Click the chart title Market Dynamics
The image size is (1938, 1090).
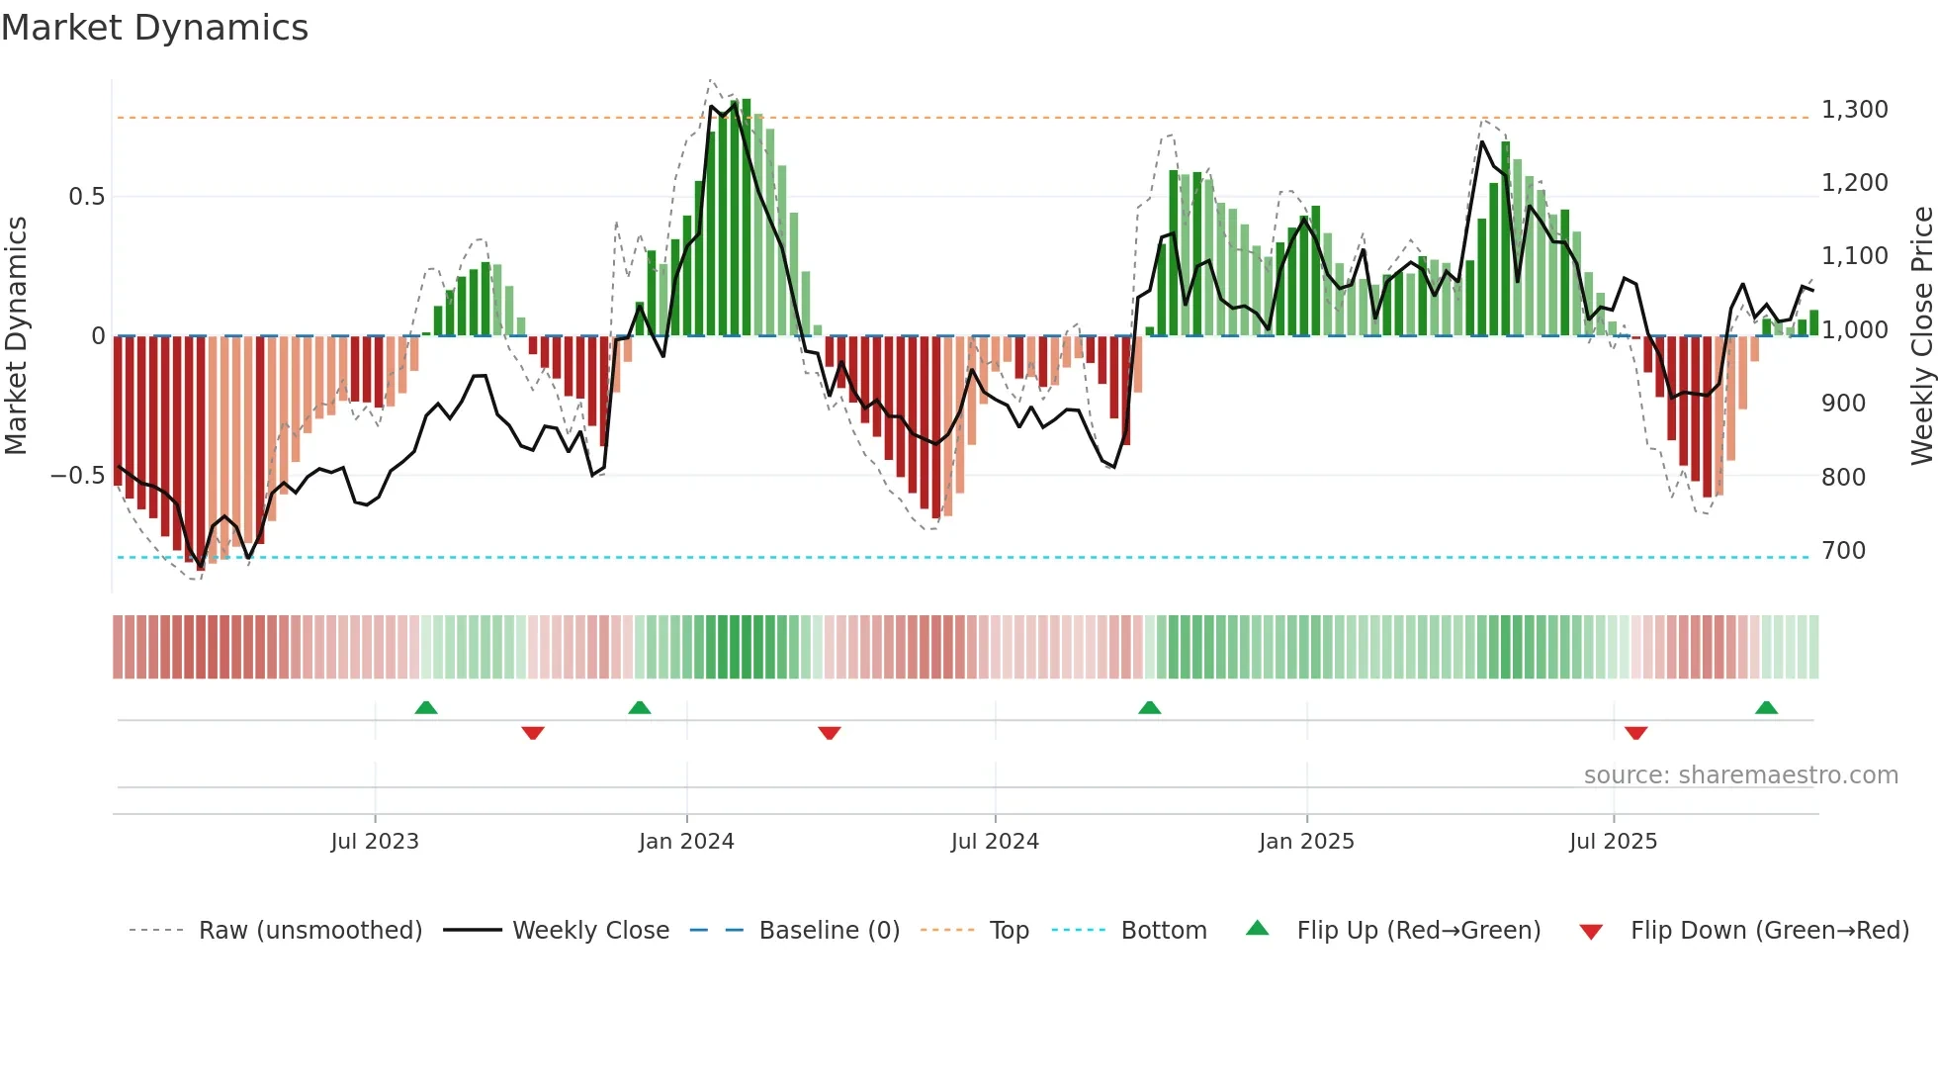click(154, 28)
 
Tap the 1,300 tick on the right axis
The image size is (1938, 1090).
click(1854, 110)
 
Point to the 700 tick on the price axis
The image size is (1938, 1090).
click(1843, 551)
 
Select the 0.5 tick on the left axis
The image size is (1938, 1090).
click(86, 197)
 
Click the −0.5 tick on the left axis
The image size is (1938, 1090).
click(77, 476)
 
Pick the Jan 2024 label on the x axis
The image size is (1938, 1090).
click(686, 842)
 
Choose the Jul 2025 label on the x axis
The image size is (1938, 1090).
click(1613, 842)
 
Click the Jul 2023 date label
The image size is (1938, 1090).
click(375, 842)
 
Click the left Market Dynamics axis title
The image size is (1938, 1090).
click(16, 336)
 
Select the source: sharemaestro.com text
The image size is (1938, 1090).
click(1740, 775)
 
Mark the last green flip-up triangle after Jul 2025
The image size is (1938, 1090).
click(1766, 708)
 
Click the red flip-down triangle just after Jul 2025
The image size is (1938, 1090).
click(1635, 733)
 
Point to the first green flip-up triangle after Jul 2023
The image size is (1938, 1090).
click(426, 708)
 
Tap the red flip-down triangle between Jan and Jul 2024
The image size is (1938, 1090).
click(830, 733)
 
